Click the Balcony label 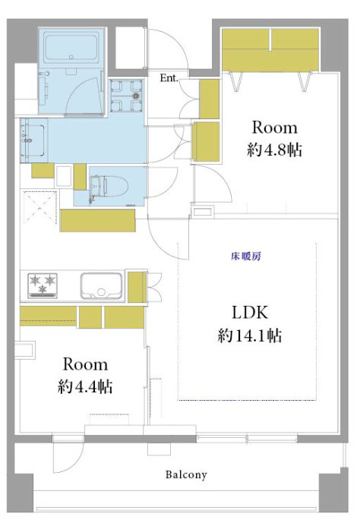[186, 476]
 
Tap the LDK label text [251, 312]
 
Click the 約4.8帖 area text [275, 150]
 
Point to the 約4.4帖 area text [85, 387]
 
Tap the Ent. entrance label [169, 77]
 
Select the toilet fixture [102, 185]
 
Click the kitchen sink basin [100, 285]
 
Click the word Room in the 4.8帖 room [274, 127]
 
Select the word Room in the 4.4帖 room [85, 364]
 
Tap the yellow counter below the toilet [97, 220]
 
